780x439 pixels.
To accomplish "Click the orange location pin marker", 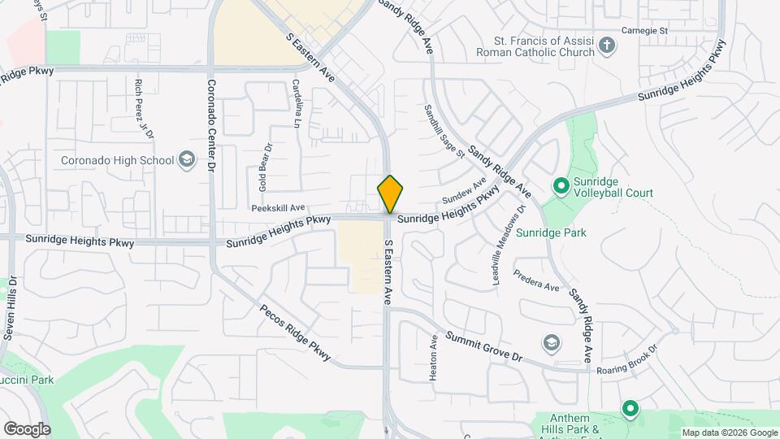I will pyautogui.click(x=391, y=193).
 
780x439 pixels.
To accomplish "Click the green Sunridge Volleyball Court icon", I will pyautogui.click(x=561, y=186).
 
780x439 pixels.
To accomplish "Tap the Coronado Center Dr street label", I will pyautogui.click(x=210, y=124).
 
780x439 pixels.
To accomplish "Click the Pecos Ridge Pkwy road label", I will pyautogui.click(x=296, y=333).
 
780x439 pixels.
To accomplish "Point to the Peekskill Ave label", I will pyautogui.click(x=278, y=208).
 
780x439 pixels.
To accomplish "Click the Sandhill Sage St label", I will pyautogui.click(x=444, y=131).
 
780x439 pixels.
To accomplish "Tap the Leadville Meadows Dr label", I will pyautogui.click(x=498, y=244).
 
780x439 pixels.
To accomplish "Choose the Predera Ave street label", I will pyautogui.click(x=536, y=281).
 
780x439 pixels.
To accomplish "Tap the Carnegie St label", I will pyautogui.click(x=643, y=30).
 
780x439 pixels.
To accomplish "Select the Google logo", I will pyautogui.click(x=27, y=428).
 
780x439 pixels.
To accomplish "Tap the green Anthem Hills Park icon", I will pyautogui.click(x=630, y=408).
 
